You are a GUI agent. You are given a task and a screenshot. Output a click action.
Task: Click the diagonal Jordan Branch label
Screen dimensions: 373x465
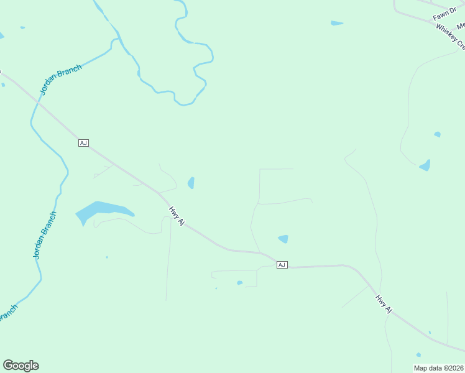click(x=60, y=80)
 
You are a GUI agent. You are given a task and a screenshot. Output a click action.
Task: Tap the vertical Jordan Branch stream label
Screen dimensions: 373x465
click(x=44, y=236)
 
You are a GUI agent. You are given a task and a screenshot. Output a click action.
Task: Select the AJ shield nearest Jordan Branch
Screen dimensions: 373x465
click(x=83, y=143)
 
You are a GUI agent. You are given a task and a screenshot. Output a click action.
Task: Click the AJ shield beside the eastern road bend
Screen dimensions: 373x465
click(x=282, y=265)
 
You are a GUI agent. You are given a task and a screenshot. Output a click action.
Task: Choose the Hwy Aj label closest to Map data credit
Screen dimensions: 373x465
click(x=384, y=304)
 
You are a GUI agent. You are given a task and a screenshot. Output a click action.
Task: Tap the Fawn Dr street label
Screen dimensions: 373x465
click(x=445, y=12)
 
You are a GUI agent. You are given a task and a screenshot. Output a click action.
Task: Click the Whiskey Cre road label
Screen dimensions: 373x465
click(x=450, y=37)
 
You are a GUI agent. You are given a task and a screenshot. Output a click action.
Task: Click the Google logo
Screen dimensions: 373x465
click(x=21, y=366)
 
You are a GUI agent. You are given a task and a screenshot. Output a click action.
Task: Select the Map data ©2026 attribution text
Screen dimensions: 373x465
click(x=438, y=368)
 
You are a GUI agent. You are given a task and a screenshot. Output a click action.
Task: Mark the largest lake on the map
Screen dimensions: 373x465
click(x=102, y=211)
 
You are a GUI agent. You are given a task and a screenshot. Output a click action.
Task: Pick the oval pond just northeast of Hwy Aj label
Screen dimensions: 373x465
click(x=191, y=183)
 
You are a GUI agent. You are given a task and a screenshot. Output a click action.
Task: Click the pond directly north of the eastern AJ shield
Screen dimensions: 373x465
click(x=283, y=239)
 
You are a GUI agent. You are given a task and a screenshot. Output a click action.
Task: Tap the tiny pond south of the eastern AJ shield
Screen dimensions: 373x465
click(x=240, y=283)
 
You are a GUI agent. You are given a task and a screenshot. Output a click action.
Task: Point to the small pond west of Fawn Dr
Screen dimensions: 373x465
click(x=337, y=24)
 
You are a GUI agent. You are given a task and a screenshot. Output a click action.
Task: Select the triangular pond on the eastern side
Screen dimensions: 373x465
click(x=425, y=165)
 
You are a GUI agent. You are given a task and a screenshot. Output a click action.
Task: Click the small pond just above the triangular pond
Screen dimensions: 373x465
click(x=438, y=134)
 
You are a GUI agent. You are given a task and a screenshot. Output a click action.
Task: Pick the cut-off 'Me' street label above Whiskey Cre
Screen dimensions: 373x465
click(x=460, y=26)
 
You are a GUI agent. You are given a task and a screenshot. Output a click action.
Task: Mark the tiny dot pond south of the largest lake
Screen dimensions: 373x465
click(x=107, y=257)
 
